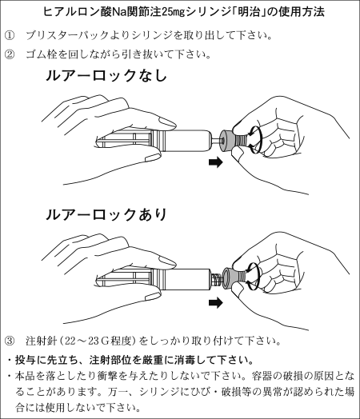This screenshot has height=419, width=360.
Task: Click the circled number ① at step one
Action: point(10,35)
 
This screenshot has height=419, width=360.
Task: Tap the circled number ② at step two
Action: point(10,54)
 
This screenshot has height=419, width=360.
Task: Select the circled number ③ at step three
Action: point(10,341)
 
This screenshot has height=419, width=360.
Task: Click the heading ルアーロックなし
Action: point(106,75)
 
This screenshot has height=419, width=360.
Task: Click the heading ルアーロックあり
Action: point(106,214)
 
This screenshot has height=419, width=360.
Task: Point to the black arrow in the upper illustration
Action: point(215,162)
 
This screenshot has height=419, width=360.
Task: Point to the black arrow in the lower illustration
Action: point(215,302)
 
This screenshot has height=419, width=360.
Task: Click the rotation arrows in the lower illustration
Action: point(254,276)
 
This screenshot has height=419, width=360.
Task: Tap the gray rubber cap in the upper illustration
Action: point(226,140)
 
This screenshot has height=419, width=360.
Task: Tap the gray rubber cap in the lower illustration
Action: point(230,278)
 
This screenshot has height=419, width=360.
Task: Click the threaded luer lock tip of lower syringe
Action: point(217,279)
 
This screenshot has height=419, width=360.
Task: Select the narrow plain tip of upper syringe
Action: point(214,140)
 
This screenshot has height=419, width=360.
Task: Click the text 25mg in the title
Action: point(174,12)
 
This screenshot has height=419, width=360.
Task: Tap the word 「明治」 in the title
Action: point(250,12)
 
